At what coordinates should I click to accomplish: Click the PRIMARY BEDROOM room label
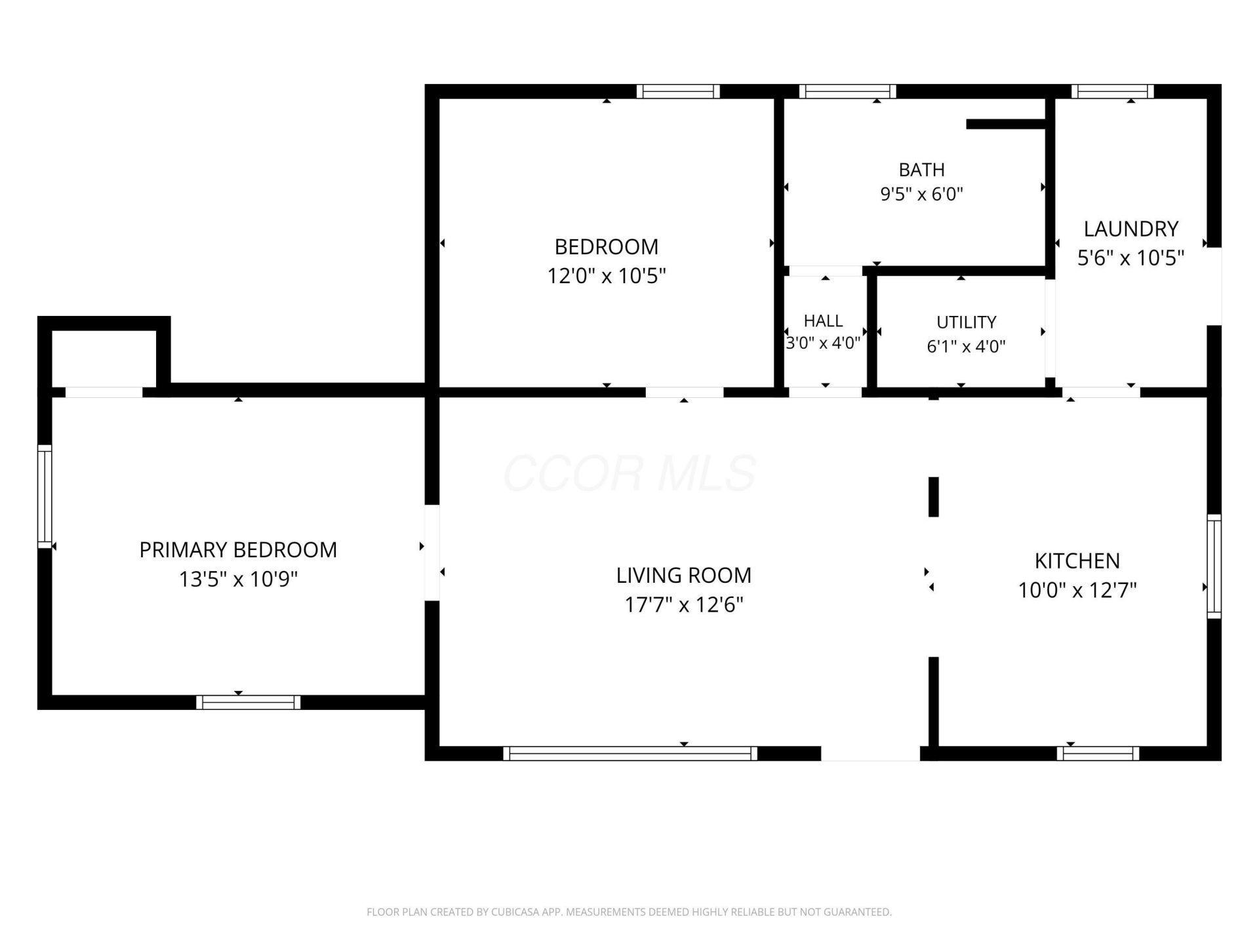[x=238, y=549]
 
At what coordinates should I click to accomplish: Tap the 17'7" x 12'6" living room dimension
[x=683, y=604]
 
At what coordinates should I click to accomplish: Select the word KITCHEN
[x=1077, y=561]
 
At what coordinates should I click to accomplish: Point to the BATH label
[x=921, y=170]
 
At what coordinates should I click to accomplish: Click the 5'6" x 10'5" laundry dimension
[x=1130, y=258]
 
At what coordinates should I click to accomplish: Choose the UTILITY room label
[x=966, y=322]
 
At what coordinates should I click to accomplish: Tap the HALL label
[x=823, y=321]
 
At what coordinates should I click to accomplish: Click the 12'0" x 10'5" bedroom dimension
[x=607, y=276]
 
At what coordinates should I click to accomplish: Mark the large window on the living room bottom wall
[x=630, y=753]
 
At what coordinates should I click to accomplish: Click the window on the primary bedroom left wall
[x=45, y=496]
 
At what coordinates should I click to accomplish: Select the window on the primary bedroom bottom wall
[x=249, y=702]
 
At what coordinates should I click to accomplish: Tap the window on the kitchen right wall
[x=1214, y=566]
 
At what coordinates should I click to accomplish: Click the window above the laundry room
[x=1113, y=91]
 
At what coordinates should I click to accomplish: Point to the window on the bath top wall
[x=847, y=91]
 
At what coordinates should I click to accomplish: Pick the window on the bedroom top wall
[x=678, y=91]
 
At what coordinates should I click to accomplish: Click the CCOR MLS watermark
[x=629, y=473]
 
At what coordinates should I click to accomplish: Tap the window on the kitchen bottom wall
[x=1098, y=753]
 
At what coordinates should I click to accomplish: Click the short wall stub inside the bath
[x=1005, y=124]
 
